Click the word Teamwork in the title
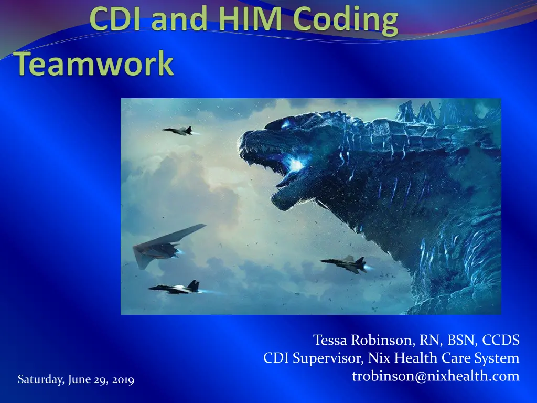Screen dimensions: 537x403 (x=94, y=63)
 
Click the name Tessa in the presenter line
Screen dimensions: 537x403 (x=330, y=340)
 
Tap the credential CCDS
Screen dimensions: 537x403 (x=501, y=340)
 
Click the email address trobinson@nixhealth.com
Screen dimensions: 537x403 (x=436, y=376)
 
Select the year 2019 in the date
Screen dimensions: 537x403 (x=123, y=380)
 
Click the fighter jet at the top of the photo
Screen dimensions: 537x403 (x=178, y=131)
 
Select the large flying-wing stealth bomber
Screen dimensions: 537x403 (x=168, y=245)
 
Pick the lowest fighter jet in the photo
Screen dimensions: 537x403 (x=175, y=288)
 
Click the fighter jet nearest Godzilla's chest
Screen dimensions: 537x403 (x=344, y=263)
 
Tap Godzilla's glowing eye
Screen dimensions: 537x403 (x=285, y=123)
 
